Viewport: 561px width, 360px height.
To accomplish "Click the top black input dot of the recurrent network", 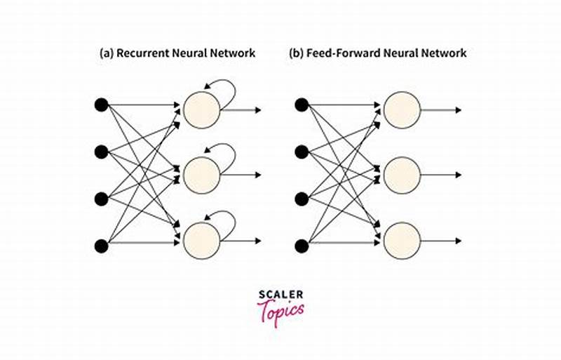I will tap(101, 105).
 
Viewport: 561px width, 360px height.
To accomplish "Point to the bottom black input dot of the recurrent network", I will tap(101, 246).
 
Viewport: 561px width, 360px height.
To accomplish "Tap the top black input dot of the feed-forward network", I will tap(302, 105).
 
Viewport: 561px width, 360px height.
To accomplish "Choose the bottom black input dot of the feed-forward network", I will tap(302, 246).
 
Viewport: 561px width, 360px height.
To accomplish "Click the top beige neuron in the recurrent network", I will tap(202, 109).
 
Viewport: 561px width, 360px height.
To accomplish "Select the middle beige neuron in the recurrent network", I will tap(202, 174).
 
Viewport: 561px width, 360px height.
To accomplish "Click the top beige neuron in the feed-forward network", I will tap(402, 109).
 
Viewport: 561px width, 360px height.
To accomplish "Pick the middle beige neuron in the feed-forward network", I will tap(402, 174).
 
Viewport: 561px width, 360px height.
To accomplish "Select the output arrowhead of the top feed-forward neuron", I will tap(458, 109).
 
